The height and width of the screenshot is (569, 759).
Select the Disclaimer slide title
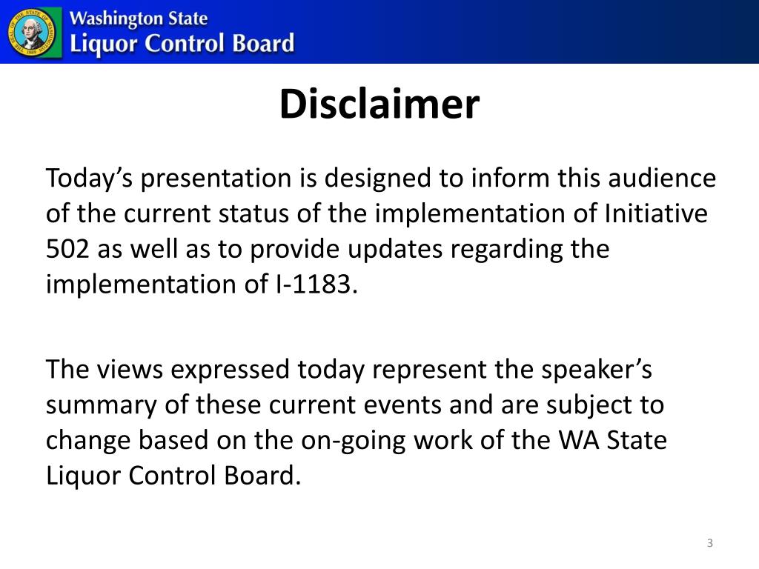click(379, 104)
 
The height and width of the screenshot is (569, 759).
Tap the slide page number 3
click(709, 544)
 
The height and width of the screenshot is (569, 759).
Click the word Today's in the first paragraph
click(89, 179)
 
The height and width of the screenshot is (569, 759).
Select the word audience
click(661, 179)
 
